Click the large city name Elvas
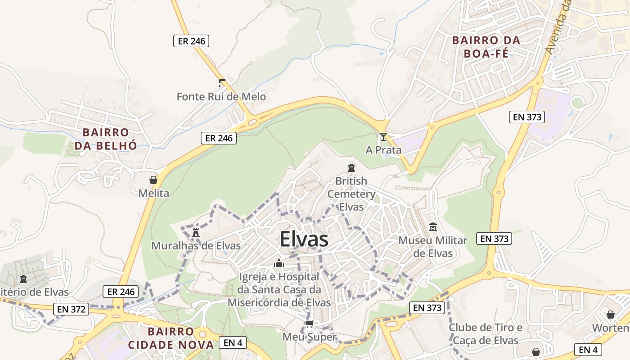304,239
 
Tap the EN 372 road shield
72,309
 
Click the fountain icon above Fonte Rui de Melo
221,83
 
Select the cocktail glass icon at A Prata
383,137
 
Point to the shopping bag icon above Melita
153,180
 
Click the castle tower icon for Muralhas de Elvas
195,233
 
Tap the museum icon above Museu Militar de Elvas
433,227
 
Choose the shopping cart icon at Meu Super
309,324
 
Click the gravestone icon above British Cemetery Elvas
351,168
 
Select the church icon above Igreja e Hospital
279,263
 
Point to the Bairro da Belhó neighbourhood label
106,139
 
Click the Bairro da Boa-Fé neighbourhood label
486,47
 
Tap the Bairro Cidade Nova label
171,338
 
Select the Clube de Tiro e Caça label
485,334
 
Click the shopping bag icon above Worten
611,315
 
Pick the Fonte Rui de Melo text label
221,97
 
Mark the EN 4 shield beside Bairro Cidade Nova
233,342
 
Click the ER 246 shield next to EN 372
121,292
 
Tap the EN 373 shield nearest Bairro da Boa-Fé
527,117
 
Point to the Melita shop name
153,193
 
